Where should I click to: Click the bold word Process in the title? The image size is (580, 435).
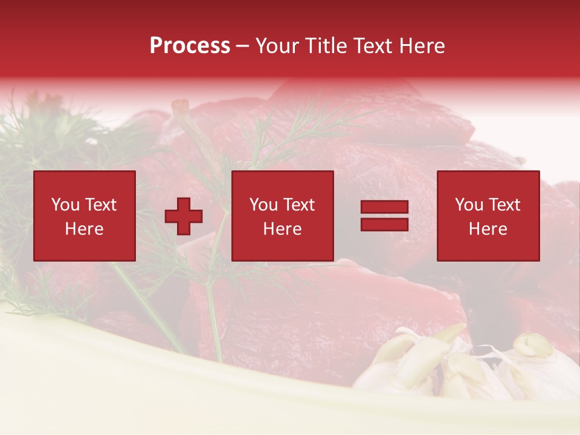point(190,46)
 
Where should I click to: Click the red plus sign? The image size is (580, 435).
point(184,216)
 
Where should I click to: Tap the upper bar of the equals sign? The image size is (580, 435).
point(384,207)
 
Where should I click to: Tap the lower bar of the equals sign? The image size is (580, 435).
point(384,224)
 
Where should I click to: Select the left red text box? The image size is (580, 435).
point(85,216)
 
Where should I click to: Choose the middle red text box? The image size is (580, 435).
point(282,216)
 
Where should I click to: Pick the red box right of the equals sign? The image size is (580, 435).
point(488,216)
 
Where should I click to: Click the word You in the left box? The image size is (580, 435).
point(65,205)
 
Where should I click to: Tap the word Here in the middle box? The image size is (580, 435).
point(282,229)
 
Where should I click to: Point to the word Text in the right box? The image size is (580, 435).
point(504,205)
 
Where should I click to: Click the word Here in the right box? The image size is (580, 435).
point(488,229)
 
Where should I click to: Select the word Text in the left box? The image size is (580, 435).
point(100,205)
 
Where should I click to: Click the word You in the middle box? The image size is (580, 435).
point(263,205)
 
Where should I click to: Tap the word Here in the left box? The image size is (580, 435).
point(85,229)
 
